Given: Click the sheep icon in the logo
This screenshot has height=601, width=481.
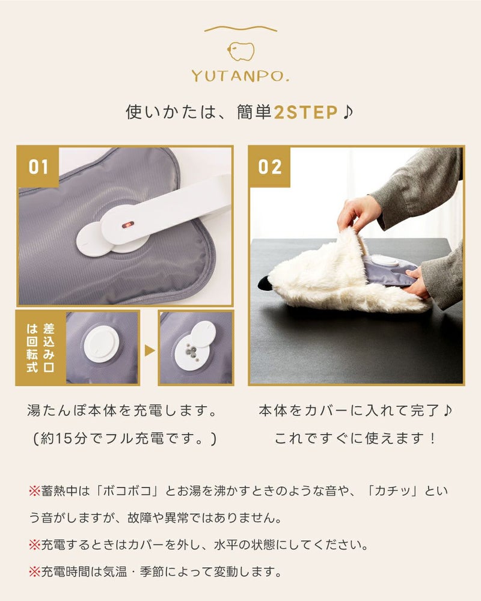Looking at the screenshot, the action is coord(241,51).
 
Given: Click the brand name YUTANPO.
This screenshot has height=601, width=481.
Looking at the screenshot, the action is coord(240,76).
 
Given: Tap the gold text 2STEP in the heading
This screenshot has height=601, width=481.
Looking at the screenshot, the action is coord(305,112).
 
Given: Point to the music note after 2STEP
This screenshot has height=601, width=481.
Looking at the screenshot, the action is coord(348,112).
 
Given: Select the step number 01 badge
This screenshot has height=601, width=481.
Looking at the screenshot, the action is coord(38,167).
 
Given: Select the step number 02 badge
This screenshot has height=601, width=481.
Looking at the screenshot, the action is coord(269,167).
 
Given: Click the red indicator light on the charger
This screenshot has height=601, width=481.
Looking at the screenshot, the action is coord(128,225).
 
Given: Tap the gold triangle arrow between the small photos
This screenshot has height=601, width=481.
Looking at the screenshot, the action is coord(149,350).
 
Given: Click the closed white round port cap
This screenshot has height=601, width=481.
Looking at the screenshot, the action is coord(101,344).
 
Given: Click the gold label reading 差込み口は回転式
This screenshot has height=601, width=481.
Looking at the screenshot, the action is coord(40,348).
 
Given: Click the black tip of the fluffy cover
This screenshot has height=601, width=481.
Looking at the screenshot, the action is coord(263,283).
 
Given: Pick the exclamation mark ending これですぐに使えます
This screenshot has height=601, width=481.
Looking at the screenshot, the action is coord(433,438).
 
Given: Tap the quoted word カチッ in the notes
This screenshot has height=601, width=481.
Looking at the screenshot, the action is coord(392,491).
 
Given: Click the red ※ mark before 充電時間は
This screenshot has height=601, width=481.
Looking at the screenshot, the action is coord(34,572).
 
